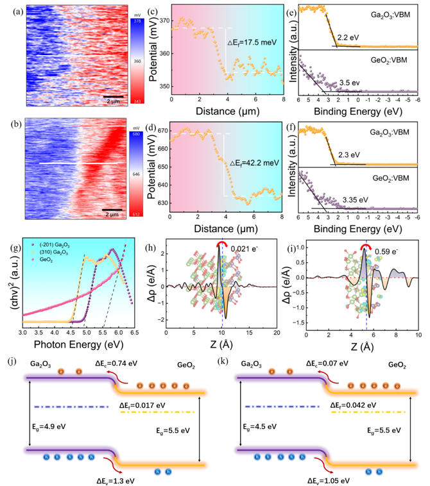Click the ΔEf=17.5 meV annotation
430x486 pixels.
click(x=252, y=42)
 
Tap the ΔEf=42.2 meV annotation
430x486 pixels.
click(x=254, y=163)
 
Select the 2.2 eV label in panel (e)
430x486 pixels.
click(x=348, y=38)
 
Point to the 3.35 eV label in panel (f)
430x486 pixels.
click(x=356, y=200)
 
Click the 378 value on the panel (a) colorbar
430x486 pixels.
click(x=137, y=21)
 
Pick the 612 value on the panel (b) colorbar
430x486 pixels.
click(x=136, y=215)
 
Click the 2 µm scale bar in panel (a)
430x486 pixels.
click(x=113, y=97)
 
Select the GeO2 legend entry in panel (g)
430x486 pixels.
click(x=44, y=260)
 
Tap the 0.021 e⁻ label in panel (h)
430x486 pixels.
click(x=245, y=249)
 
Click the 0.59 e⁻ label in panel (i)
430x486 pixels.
click(x=386, y=251)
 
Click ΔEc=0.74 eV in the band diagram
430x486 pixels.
click(x=116, y=364)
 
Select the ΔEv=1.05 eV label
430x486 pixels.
click(x=329, y=481)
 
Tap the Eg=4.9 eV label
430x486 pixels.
click(x=49, y=427)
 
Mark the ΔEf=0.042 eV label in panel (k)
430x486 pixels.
click(x=354, y=405)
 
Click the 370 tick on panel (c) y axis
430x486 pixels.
click(x=165, y=21)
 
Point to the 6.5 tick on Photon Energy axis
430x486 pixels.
click(x=134, y=333)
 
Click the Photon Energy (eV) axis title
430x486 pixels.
click(x=78, y=345)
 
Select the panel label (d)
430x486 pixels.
click(x=151, y=128)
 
